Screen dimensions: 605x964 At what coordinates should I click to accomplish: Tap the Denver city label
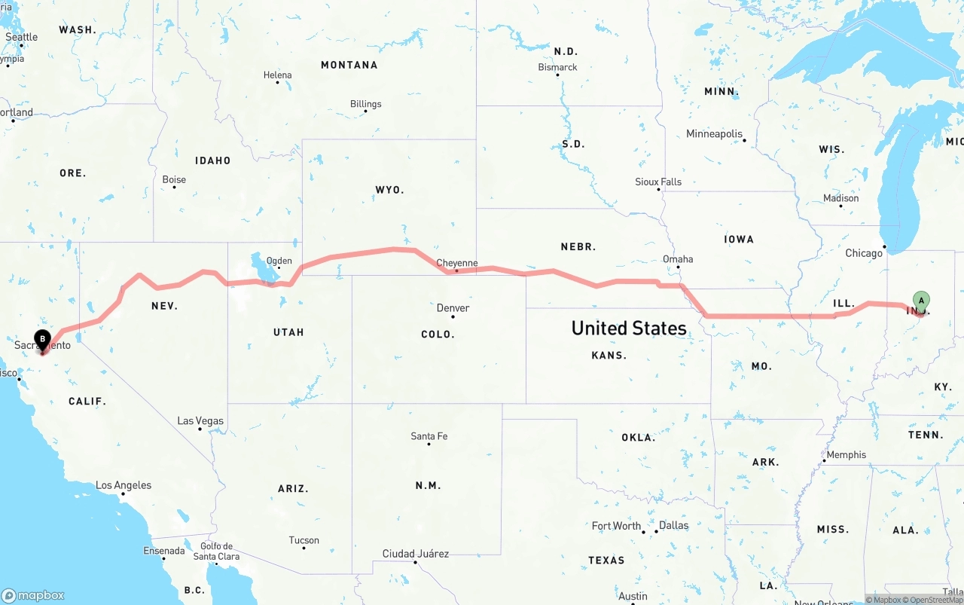[453, 307]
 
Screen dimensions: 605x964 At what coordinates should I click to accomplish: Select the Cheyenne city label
[457, 263]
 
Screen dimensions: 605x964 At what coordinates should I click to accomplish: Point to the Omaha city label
[678, 259]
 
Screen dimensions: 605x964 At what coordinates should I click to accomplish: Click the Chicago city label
[864, 253]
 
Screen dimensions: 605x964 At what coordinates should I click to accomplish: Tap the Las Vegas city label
[200, 420]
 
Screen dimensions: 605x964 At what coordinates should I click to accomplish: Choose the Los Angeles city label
[124, 485]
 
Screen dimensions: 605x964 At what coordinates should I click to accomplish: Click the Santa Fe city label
[429, 436]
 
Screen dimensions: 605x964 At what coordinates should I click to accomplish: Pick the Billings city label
[366, 104]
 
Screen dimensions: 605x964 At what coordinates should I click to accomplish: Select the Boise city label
[174, 179]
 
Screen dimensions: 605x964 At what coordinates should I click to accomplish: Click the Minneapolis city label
[714, 134]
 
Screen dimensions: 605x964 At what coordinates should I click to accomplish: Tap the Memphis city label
[847, 455]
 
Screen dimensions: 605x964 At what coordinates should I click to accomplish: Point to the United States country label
[629, 328]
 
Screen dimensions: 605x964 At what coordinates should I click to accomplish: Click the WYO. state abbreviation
[390, 190]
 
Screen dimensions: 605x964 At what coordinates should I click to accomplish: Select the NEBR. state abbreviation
[578, 246]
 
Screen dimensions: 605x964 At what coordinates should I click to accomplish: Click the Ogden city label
[279, 261]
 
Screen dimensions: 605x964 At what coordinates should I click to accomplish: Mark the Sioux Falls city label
[658, 182]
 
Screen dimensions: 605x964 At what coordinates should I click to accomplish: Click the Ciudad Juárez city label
[416, 554]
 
